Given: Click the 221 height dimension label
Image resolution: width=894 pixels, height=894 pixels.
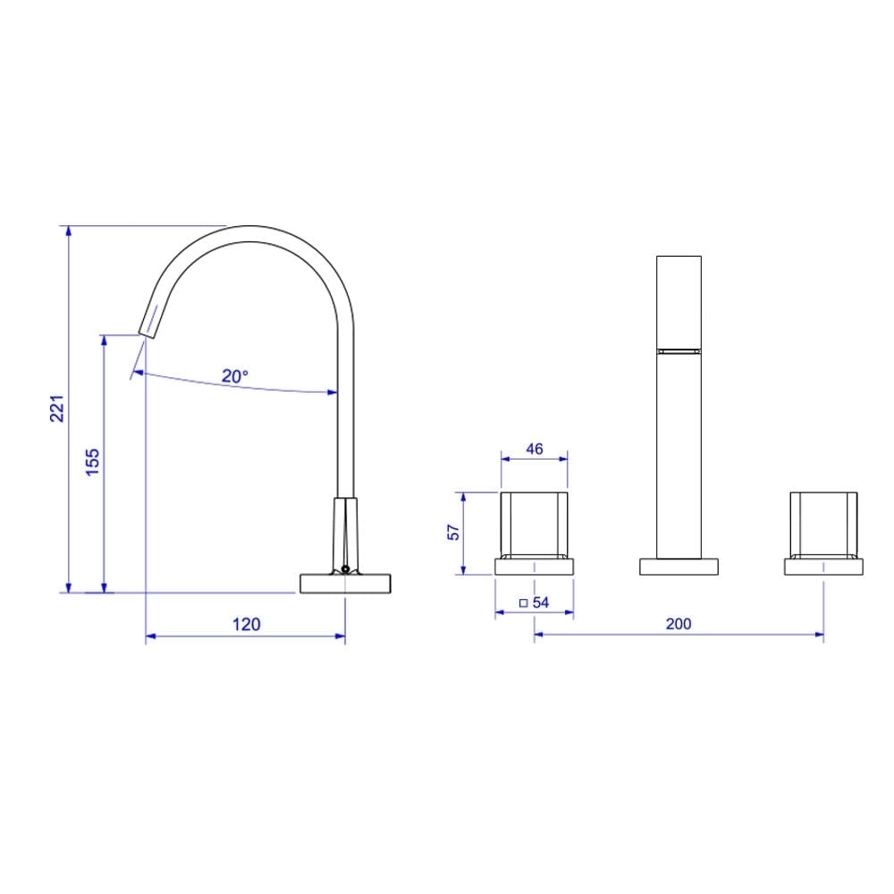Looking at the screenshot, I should pos(56,409).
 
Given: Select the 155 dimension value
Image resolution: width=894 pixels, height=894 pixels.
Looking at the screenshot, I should pos(93,463).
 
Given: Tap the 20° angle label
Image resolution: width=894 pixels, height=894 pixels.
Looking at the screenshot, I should pos(235,376).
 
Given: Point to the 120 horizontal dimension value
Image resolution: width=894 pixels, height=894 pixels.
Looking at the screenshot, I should pos(246,624).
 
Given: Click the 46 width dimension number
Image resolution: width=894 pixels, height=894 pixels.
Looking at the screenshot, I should pos(534,449).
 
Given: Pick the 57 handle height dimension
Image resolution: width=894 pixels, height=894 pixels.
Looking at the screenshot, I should pos(453,532).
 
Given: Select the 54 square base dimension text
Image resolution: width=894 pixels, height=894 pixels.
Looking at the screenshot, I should pos(540,603).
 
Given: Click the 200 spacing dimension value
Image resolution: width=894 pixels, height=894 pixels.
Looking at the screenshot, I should pos(679,624).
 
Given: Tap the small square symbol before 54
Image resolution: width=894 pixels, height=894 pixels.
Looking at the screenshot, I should pos(524,603).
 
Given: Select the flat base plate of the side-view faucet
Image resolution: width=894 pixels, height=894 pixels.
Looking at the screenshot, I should pos(345,583).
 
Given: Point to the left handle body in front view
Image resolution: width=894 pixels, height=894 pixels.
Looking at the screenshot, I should pos(534,524).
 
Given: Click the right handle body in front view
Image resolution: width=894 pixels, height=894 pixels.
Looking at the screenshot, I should pos(823,524).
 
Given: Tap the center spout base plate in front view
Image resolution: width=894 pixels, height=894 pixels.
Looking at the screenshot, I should pos(679,566).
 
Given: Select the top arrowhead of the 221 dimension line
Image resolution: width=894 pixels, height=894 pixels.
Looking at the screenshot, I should pos(67,231).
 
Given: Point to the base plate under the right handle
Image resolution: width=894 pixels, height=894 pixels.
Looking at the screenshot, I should pos(823,566).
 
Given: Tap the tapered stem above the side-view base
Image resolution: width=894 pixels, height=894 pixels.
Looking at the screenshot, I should pos(345,533).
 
